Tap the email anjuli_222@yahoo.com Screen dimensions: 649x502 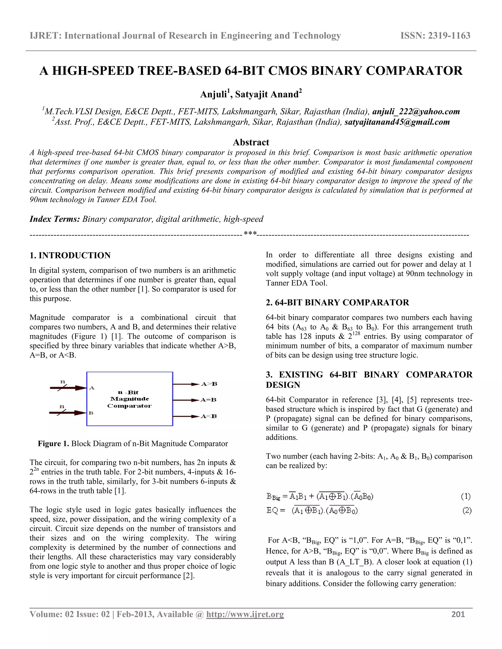click(x=416, y=111)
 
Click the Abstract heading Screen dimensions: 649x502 click(x=251, y=142)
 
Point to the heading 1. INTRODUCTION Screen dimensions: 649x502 click(x=70, y=255)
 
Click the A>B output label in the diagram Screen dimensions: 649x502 click(x=209, y=384)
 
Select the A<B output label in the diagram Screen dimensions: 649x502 click(x=209, y=416)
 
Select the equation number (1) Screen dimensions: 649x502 click(x=466, y=496)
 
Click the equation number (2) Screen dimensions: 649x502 click(x=467, y=511)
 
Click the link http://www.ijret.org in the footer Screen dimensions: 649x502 click(x=245, y=614)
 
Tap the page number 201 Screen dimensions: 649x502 click(x=458, y=614)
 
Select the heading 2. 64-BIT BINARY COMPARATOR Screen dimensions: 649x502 click(x=337, y=302)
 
